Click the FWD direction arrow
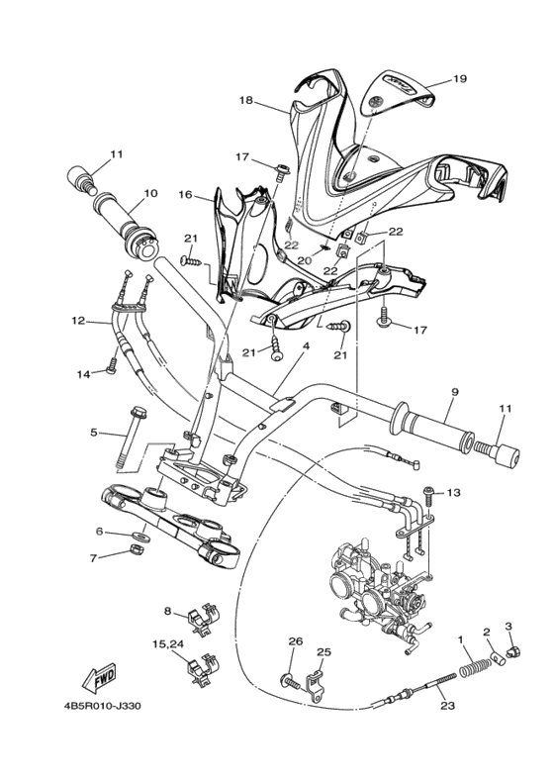coord(99,680)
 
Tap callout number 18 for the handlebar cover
coord(246,100)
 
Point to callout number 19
coord(458,78)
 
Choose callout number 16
coord(184,195)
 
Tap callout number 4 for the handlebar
coord(306,346)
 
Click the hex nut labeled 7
coord(138,552)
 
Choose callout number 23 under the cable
coord(447,706)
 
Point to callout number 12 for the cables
coord(78,321)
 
